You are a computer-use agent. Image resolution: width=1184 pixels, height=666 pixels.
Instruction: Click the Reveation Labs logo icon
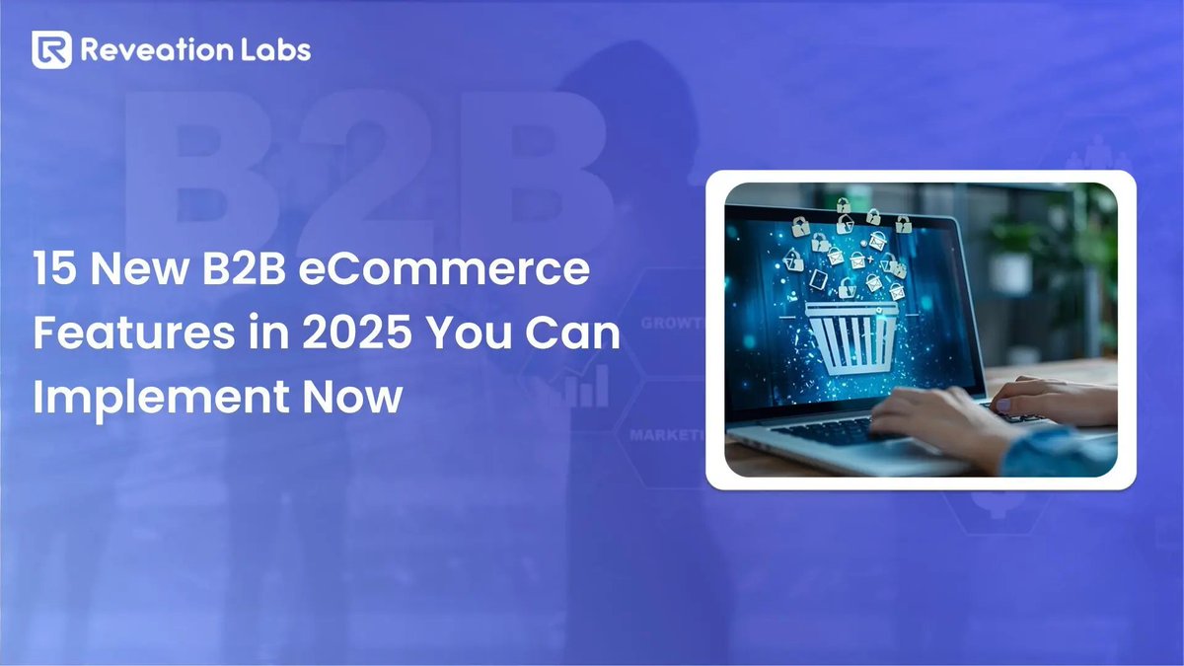click(x=51, y=49)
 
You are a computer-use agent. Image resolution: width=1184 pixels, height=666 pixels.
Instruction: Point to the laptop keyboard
click(x=839, y=426)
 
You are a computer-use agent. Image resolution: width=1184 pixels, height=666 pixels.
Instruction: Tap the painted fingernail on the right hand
click(x=1002, y=406)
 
